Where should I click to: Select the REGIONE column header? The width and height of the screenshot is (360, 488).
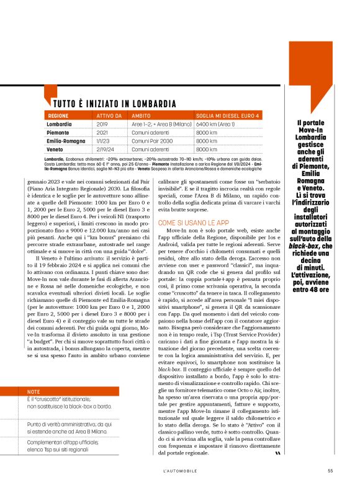coord(58,116)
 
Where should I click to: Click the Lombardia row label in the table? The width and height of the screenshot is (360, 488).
coord(60,124)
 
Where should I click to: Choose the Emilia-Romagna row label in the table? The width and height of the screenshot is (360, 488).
coord(66,141)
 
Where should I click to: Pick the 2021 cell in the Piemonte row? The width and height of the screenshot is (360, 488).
coord(102,132)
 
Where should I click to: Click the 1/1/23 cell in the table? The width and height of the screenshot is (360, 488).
coord(103,141)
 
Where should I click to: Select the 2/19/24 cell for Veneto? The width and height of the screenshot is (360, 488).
coord(105,149)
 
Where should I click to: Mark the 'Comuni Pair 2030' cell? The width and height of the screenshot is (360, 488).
coord(150,141)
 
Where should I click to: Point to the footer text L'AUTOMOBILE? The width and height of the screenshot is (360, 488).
coord(180,469)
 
